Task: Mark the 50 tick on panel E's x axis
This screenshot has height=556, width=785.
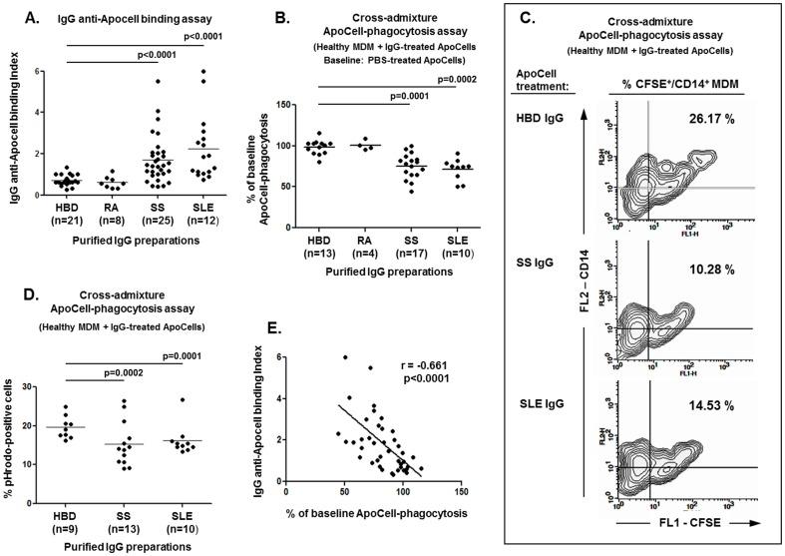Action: (x=345, y=491)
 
